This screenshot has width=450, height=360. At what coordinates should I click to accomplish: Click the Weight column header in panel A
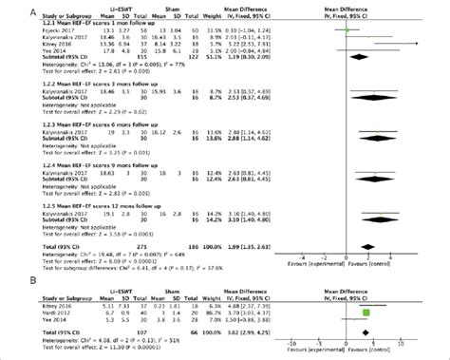(x=241, y=17)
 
